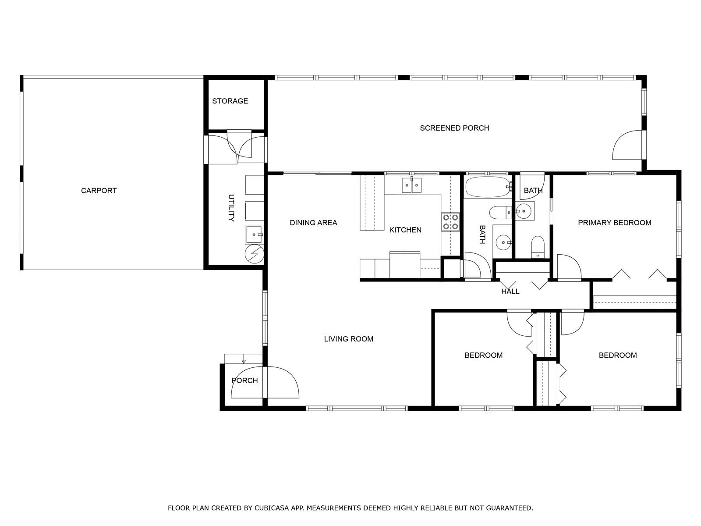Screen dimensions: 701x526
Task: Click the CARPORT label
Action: click(99, 191)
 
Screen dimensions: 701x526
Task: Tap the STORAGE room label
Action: click(230, 101)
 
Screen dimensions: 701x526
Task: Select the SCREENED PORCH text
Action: click(454, 128)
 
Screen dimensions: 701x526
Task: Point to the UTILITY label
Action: click(231, 208)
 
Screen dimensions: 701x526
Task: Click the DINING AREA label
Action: click(313, 223)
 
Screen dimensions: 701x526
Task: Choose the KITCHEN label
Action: click(405, 230)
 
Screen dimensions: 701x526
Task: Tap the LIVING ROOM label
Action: click(348, 339)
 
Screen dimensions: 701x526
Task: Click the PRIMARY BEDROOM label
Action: click(614, 223)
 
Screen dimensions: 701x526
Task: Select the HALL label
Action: click(510, 291)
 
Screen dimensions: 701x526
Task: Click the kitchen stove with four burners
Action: click(450, 222)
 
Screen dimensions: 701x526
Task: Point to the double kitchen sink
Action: click(412, 185)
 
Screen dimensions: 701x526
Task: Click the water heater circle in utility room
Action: click(255, 254)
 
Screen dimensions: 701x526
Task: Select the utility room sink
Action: click(255, 235)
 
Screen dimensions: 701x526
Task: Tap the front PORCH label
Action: click(244, 380)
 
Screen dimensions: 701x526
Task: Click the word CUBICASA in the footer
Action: click(272, 508)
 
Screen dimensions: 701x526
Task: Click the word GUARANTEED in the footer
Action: click(510, 508)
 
